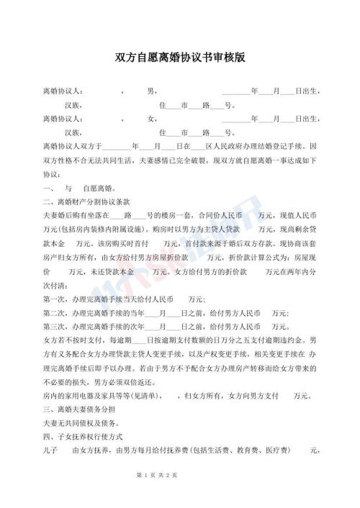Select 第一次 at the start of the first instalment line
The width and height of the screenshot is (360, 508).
55,299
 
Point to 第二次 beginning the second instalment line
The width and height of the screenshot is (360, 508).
55,312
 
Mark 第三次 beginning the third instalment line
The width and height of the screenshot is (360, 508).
55,326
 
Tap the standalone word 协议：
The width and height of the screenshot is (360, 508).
53,174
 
